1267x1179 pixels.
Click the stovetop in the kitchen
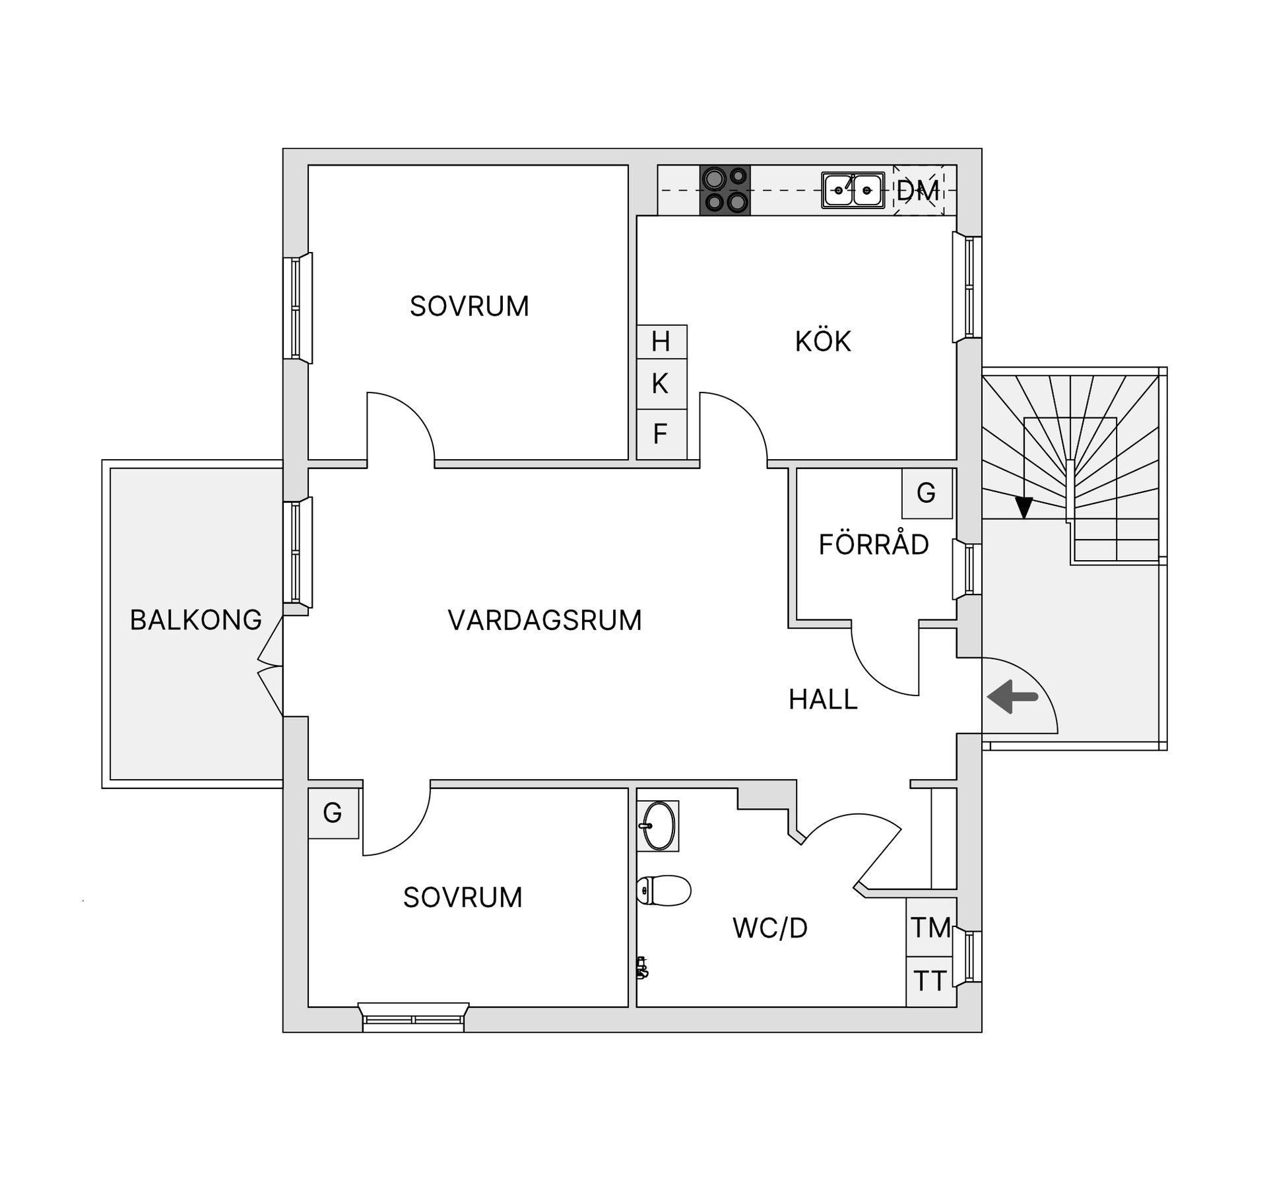pyautogui.click(x=725, y=190)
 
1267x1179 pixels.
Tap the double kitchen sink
pyautogui.click(x=853, y=191)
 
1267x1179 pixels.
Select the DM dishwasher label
pyautogui.click(x=918, y=191)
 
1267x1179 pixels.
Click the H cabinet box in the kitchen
pyautogui.click(x=661, y=342)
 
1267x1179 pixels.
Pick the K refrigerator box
pyautogui.click(x=661, y=383)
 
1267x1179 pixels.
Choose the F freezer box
pyautogui.click(x=661, y=434)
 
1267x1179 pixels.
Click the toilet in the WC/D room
pyautogui.click(x=663, y=891)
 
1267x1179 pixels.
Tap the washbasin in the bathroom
pyautogui.click(x=659, y=825)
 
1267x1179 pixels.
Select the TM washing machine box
pyautogui.click(x=931, y=928)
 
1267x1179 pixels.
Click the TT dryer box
pyautogui.click(x=930, y=981)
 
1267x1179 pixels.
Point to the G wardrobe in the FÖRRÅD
pyautogui.click(x=926, y=493)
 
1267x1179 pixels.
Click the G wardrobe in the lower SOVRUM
pyautogui.click(x=333, y=813)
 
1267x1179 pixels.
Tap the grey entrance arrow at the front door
pyautogui.click(x=1012, y=697)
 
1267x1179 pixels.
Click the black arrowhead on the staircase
pyautogui.click(x=1023, y=507)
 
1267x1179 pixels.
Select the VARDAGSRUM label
pyautogui.click(x=544, y=620)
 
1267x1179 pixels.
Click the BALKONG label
pyautogui.click(x=196, y=620)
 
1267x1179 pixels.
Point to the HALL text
pyautogui.click(x=823, y=699)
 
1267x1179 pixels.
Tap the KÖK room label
pyautogui.click(x=823, y=342)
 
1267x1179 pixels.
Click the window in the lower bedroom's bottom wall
pyautogui.click(x=413, y=1019)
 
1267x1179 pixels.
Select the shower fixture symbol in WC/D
pyautogui.click(x=642, y=968)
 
